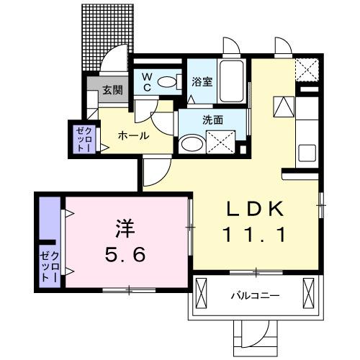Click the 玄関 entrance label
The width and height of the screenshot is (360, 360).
pyautogui.click(x=111, y=90)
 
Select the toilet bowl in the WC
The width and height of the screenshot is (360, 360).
pyautogui.click(x=168, y=83)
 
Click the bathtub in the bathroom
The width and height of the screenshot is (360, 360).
pyautogui.click(x=232, y=83)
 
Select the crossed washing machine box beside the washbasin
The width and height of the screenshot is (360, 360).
pyautogui.click(x=222, y=140)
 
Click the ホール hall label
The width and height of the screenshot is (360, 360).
pyautogui.click(x=133, y=135)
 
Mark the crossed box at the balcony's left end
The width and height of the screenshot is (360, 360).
pyautogui.click(x=201, y=293)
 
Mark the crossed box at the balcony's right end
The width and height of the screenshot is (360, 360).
pyautogui.click(x=310, y=293)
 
